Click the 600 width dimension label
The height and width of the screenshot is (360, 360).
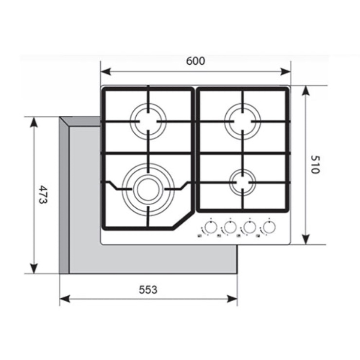click(196, 61)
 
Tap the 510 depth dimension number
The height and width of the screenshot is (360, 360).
click(315, 164)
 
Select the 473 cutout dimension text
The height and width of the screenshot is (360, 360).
click(43, 195)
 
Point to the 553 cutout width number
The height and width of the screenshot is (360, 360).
click(148, 290)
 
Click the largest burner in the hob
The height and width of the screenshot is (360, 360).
click(148, 189)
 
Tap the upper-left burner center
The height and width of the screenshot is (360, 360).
click(148, 121)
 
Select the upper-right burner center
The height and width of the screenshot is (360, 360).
click(242, 121)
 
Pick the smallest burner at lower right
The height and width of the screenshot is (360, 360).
click(242, 182)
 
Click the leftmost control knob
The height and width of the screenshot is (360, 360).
click(211, 227)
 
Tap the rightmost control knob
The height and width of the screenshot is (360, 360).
click(269, 227)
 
